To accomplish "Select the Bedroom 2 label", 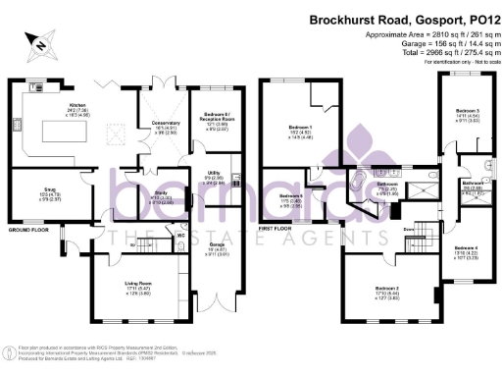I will click(x=388, y=292).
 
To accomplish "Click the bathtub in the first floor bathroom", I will click(x=359, y=187).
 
